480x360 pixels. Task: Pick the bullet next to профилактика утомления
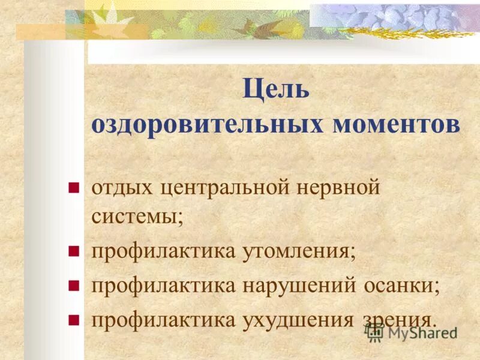tap(74, 251)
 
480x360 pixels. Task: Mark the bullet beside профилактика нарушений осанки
tap(74, 285)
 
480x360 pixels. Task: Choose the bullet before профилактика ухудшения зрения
tap(74, 319)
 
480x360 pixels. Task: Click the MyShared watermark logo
tap(410, 332)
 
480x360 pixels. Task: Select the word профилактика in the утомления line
tap(163, 251)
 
